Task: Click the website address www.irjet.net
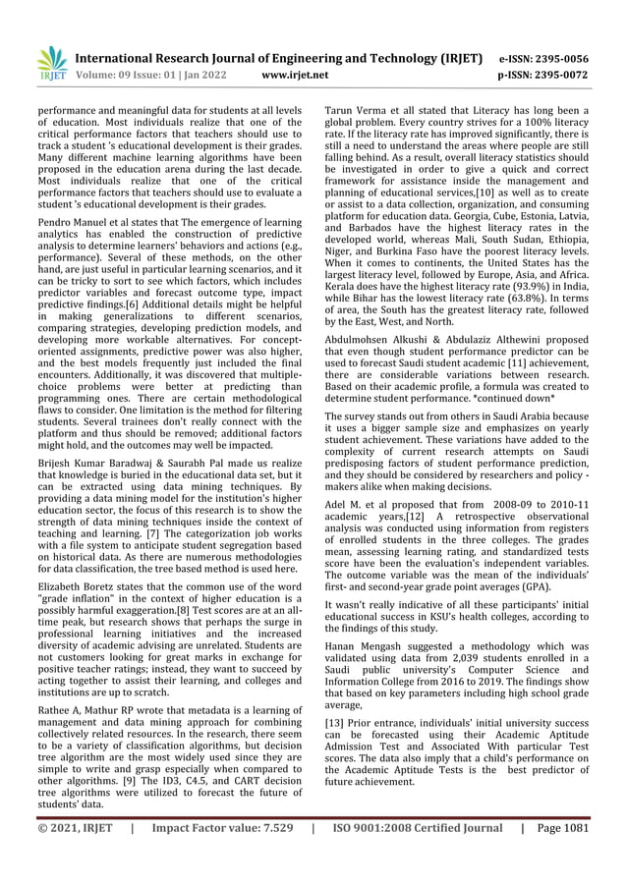(292, 74)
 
